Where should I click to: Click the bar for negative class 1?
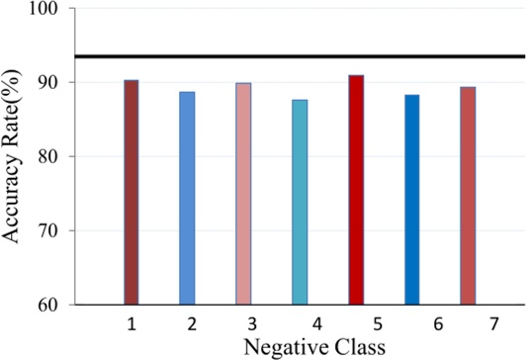click(x=131, y=193)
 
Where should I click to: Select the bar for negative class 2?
click(x=187, y=198)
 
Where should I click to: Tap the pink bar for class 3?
click(x=243, y=194)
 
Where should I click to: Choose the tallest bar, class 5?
click(x=356, y=190)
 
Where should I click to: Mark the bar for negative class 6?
click(x=411, y=200)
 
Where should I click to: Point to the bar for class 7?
click(x=468, y=196)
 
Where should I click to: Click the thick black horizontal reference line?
click(x=297, y=56)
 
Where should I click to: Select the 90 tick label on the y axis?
click(x=49, y=83)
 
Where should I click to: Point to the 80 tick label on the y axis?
click(x=49, y=157)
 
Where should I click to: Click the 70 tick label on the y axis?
click(x=49, y=231)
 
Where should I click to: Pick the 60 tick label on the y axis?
click(x=49, y=305)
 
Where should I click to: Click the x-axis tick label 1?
click(x=131, y=323)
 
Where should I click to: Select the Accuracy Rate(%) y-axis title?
click(x=14, y=158)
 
